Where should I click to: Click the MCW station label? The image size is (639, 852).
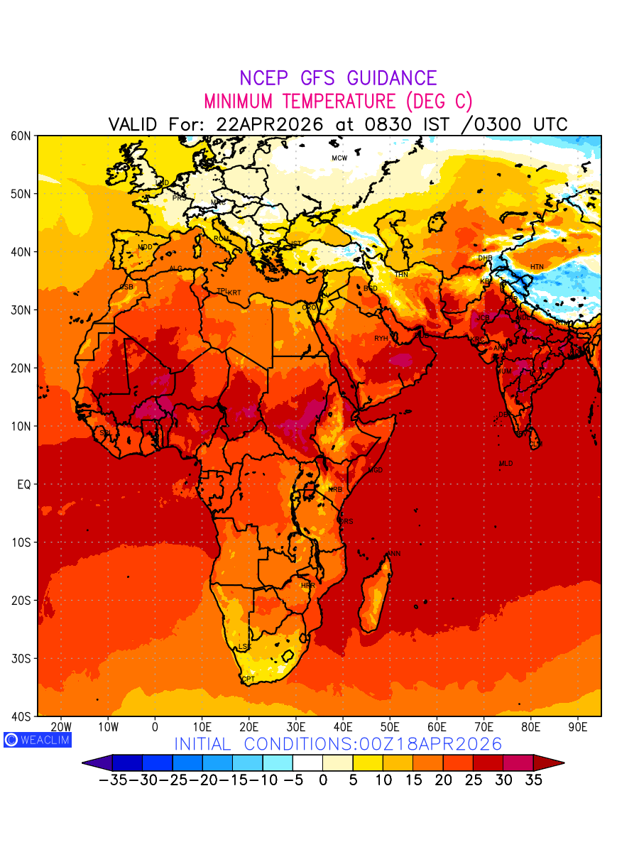click(339, 158)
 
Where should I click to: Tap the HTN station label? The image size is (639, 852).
click(537, 267)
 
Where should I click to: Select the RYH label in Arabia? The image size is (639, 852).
click(381, 339)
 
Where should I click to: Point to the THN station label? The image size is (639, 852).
click(402, 275)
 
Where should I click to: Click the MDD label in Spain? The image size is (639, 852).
click(145, 247)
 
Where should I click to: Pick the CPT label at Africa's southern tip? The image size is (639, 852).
click(248, 679)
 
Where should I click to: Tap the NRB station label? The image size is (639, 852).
click(335, 490)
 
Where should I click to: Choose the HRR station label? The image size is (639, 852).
click(307, 586)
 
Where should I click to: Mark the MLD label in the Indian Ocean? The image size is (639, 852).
click(506, 464)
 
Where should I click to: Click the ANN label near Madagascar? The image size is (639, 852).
click(393, 554)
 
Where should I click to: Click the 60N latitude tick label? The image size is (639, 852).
click(20, 136)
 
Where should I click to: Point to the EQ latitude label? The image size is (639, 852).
click(23, 484)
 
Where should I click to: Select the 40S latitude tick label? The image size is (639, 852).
click(20, 716)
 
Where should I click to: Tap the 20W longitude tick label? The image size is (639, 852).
click(62, 727)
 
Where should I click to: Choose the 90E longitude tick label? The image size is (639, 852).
click(578, 727)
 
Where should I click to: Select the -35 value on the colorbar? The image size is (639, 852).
click(112, 780)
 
